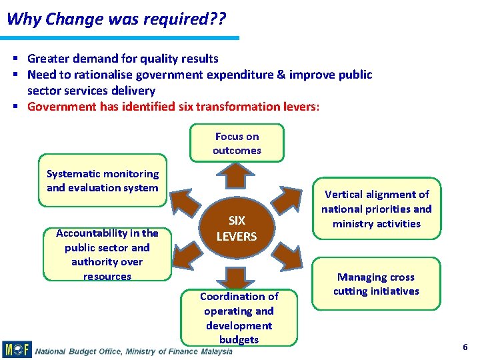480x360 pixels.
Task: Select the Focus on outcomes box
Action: point(237,143)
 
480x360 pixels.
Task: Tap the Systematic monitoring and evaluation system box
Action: point(103,181)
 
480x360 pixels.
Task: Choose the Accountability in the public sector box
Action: point(107,254)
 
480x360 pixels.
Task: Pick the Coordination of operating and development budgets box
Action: point(239,317)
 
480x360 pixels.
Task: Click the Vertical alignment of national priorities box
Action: point(377,209)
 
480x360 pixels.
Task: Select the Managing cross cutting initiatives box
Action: point(377,284)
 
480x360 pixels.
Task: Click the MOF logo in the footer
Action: point(17,350)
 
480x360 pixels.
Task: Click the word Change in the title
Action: point(69,19)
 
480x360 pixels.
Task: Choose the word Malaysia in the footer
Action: point(215,351)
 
